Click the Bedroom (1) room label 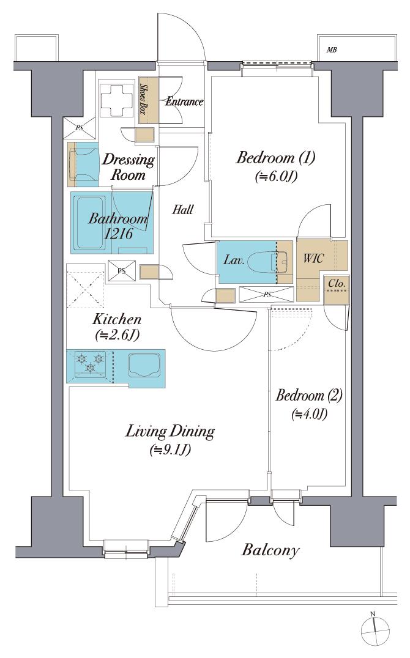pos(275,158)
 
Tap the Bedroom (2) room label pos(308,395)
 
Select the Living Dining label pos(170,431)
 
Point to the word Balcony pos(270,549)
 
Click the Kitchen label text pos(117,319)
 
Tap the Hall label pos(183,210)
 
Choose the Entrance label pos(184,102)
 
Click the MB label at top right pos(332,50)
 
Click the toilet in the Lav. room pos(276,261)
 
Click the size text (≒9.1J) pos(170,451)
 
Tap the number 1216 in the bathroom pos(120,234)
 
